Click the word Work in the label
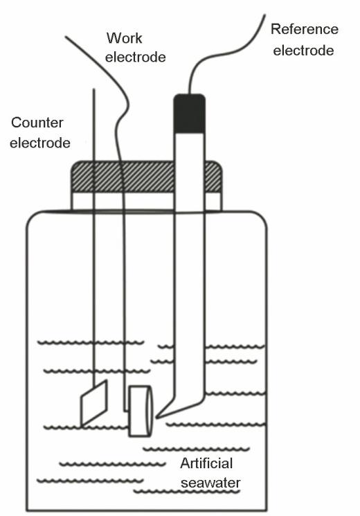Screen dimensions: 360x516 click(124, 38)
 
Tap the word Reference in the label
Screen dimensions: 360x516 click(305, 29)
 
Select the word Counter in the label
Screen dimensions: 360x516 click(37, 123)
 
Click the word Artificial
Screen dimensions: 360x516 click(206, 463)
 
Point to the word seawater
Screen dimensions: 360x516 click(210, 483)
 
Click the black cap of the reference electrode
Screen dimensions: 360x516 click(189, 114)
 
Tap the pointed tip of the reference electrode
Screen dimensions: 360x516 click(157, 417)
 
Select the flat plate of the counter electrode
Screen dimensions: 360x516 click(94, 403)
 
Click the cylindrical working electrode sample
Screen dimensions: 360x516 click(141, 411)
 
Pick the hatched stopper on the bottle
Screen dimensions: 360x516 click(147, 177)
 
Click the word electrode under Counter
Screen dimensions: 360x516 click(40, 143)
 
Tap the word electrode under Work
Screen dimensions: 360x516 click(135, 57)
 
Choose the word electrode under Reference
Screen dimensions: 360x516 click(303, 51)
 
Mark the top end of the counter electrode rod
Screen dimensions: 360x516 click(93, 89)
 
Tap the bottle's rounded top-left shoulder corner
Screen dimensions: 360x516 click(33, 217)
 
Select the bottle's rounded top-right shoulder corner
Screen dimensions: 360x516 click(260, 217)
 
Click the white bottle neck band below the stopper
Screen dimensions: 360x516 click(147, 201)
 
